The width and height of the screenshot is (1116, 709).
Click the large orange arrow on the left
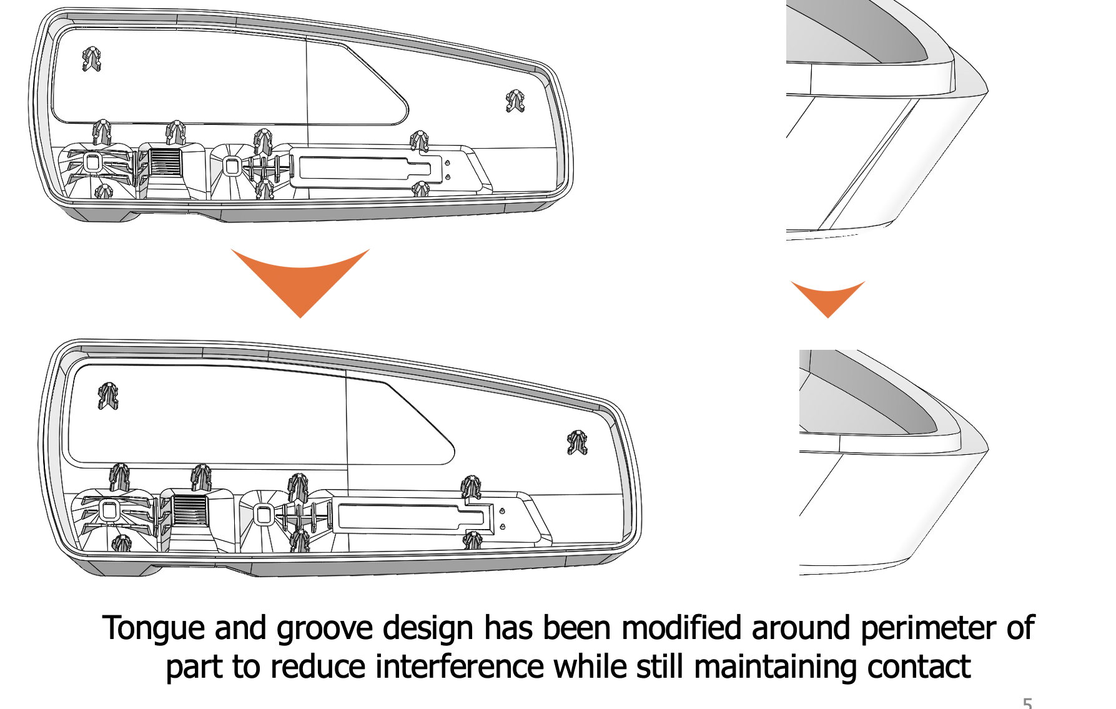pos(300,279)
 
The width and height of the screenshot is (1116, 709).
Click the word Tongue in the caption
pos(153,628)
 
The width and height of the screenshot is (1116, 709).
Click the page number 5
pos(1027,703)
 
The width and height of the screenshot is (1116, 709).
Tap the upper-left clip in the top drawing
pos(91,59)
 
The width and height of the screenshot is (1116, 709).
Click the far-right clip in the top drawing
pos(515,101)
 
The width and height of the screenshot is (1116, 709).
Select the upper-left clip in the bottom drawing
pos(108,396)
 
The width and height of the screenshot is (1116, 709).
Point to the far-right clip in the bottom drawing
pos(577,442)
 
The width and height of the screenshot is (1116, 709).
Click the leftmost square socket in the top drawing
pos(92,163)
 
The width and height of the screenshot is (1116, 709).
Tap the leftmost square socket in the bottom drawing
pos(109,511)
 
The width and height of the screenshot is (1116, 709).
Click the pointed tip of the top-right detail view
pos(987,91)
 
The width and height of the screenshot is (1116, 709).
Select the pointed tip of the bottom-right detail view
pos(987,449)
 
